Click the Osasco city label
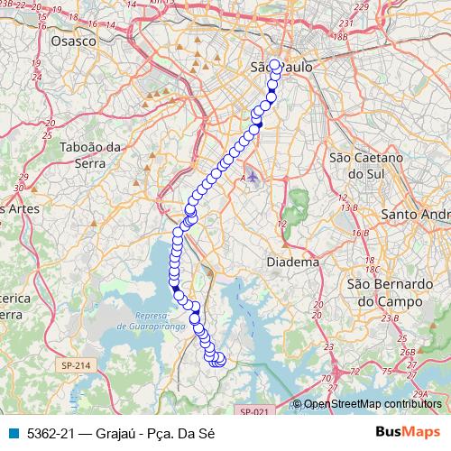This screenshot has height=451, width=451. [73, 41]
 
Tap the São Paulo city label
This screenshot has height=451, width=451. [281, 68]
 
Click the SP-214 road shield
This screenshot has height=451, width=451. [77, 365]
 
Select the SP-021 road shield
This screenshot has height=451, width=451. [254, 411]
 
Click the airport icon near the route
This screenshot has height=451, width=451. [253, 175]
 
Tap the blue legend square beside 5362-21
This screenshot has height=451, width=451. [14, 433]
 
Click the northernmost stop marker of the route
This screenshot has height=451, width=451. [275, 65]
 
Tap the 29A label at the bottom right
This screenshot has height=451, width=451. [421, 394]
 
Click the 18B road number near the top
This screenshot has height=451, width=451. [340, 36]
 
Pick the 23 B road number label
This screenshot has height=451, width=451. [390, 318]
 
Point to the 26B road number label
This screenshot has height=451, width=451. [409, 352]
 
